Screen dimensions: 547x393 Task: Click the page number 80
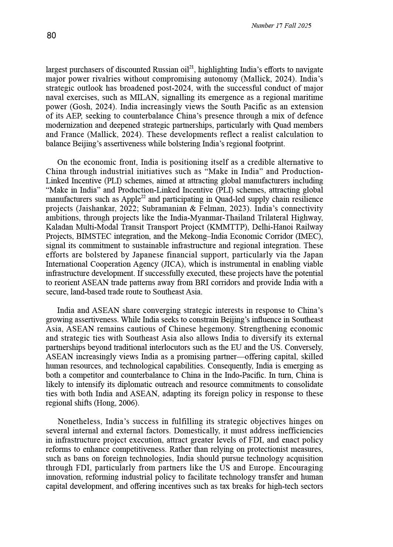tap(51, 36)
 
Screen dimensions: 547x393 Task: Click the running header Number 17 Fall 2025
tap(281, 26)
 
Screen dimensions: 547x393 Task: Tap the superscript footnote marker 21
tap(192, 67)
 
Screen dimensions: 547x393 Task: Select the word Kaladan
tap(60, 227)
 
